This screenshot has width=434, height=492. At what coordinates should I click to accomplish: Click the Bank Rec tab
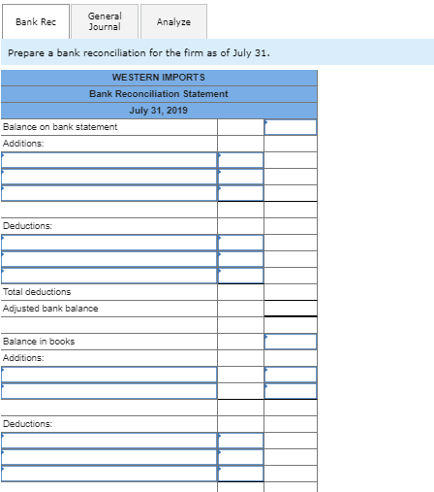(x=35, y=21)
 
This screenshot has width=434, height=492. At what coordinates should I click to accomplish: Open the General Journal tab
(x=105, y=21)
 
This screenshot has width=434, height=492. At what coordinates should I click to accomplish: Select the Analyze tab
(x=173, y=21)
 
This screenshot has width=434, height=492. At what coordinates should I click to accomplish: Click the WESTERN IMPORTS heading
(x=158, y=77)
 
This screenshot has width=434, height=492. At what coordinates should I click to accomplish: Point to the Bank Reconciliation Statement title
(x=158, y=93)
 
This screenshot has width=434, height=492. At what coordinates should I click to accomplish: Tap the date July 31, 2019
(x=158, y=110)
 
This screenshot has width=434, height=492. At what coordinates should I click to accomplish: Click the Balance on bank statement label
(x=60, y=127)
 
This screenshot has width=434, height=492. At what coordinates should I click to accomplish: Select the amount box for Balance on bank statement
(x=290, y=127)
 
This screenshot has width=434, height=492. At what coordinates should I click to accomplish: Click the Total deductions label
(x=37, y=291)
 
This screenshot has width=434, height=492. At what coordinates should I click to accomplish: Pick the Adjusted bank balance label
(x=50, y=308)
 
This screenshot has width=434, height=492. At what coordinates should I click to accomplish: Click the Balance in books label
(x=39, y=341)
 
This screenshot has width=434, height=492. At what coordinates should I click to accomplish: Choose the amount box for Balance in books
(x=290, y=341)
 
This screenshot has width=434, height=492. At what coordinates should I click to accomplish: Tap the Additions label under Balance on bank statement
(x=23, y=144)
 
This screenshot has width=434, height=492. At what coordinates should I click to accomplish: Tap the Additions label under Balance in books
(x=23, y=357)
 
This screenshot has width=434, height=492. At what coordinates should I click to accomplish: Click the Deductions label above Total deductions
(x=27, y=225)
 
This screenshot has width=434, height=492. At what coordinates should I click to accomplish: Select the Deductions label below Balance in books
(x=27, y=423)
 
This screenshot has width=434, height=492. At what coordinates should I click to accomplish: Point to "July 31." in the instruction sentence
(x=250, y=51)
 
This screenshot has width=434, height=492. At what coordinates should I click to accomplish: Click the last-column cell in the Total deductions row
(x=290, y=291)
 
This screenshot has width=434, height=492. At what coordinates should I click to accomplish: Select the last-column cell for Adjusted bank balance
(x=290, y=308)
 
